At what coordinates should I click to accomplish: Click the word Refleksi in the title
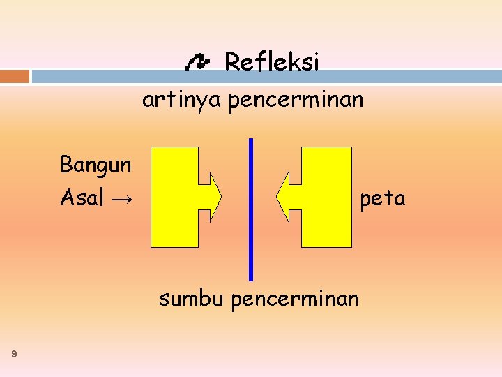[271, 63]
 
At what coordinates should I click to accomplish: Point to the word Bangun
[96, 165]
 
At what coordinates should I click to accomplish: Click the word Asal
[82, 198]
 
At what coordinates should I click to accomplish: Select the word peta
[382, 199]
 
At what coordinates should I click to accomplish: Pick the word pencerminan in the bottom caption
[295, 300]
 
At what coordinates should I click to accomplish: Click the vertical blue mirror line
[251, 209]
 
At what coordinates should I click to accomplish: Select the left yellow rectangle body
[174, 197]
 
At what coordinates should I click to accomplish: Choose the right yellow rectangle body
[326, 197]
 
